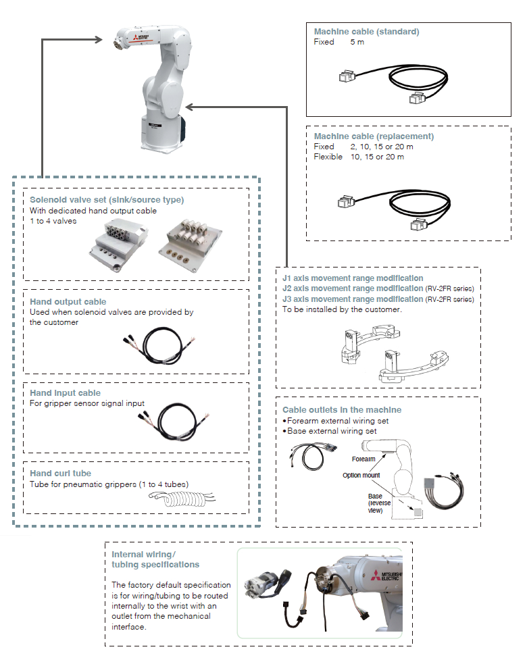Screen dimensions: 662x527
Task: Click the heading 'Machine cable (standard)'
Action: (x=366, y=32)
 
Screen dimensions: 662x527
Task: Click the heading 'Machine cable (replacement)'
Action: (x=374, y=136)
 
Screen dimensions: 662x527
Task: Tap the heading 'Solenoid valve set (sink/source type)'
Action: (x=107, y=200)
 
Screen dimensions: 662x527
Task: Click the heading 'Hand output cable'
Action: (x=68, y=302)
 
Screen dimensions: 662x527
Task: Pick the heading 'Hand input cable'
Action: (x=66, y=393)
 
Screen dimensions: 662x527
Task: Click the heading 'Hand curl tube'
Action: (x=61, y=474)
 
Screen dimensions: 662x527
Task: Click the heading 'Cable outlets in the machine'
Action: (x=342, y=410)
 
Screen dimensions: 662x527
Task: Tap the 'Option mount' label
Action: (x=360, y=475)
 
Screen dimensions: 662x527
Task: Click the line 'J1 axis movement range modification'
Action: (x=353, y=278)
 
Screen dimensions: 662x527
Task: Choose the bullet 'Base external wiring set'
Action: (x=332, y=431)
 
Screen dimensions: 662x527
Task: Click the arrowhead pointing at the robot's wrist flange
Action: (x=101, y=40)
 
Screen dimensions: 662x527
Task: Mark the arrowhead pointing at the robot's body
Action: (x=190, y=106)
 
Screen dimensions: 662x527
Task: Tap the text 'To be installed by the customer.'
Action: (x=342, y=309)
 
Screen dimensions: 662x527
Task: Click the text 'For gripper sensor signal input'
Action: (x=87, y=403)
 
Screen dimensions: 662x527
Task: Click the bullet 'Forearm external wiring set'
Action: (x=337, y=421)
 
